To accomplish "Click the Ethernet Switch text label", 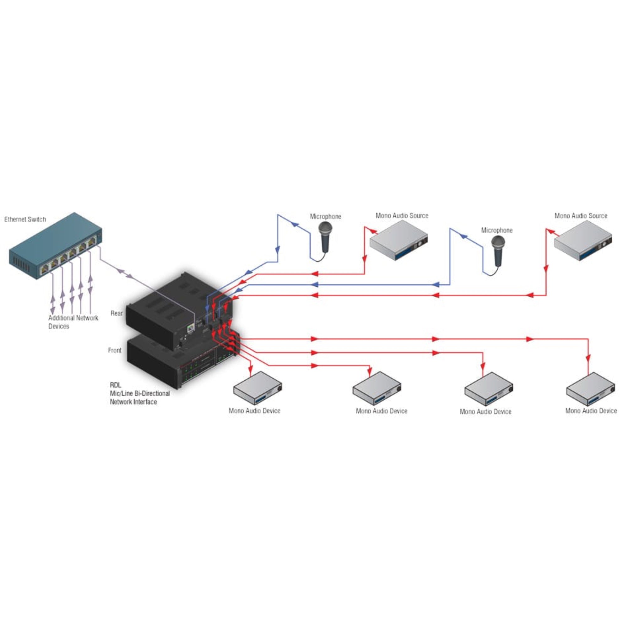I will click(x=25, y=219).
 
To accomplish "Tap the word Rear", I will click(x=116, y=313).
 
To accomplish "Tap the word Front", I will click(x=114, y=350).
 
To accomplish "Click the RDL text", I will click(x=115, y=385).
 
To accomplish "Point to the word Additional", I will click(x=61, y=318).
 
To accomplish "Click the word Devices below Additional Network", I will click(x=58, y=326).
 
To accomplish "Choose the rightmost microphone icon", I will click(x=498, y=250).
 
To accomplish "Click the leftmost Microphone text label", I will click(x=325, y=216).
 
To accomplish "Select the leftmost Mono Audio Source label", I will click(x=402, y=216).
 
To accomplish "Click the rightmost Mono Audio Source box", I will click(x=583, y=241).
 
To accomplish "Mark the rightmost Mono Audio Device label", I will click(x=591, y=411).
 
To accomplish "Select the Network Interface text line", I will click(x=133, y=402).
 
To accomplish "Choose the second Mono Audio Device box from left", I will click(x=377, y=388).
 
